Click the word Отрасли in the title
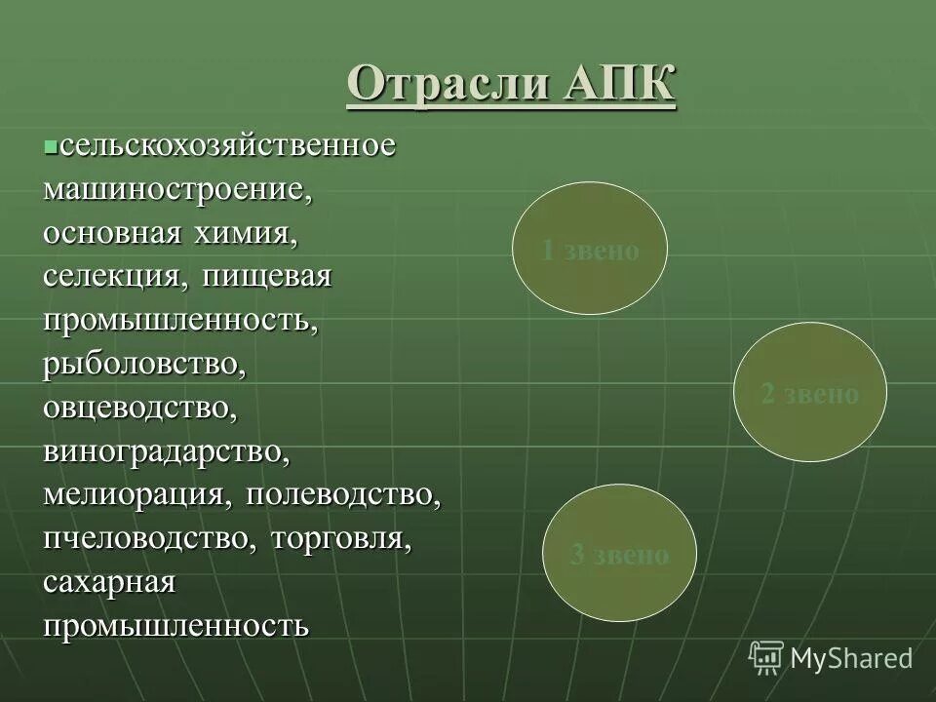[x=448, y=84]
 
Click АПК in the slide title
[x=619, y=84]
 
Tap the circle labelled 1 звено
[x=590, y=249]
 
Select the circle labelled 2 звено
[x=810, y=393]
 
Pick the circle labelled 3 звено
[x=620, y=554]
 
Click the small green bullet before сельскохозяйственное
[x=50, y=146]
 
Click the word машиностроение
[x=177, y=189]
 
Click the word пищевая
[x=268, y=276]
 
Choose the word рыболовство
[x=142, y=364]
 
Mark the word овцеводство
[x=139, y=408]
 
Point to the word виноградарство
[x=166, y=451]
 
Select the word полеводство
[x=343, y=494]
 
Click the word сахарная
[x=109, y=582]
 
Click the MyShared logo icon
[x=766, y=657]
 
